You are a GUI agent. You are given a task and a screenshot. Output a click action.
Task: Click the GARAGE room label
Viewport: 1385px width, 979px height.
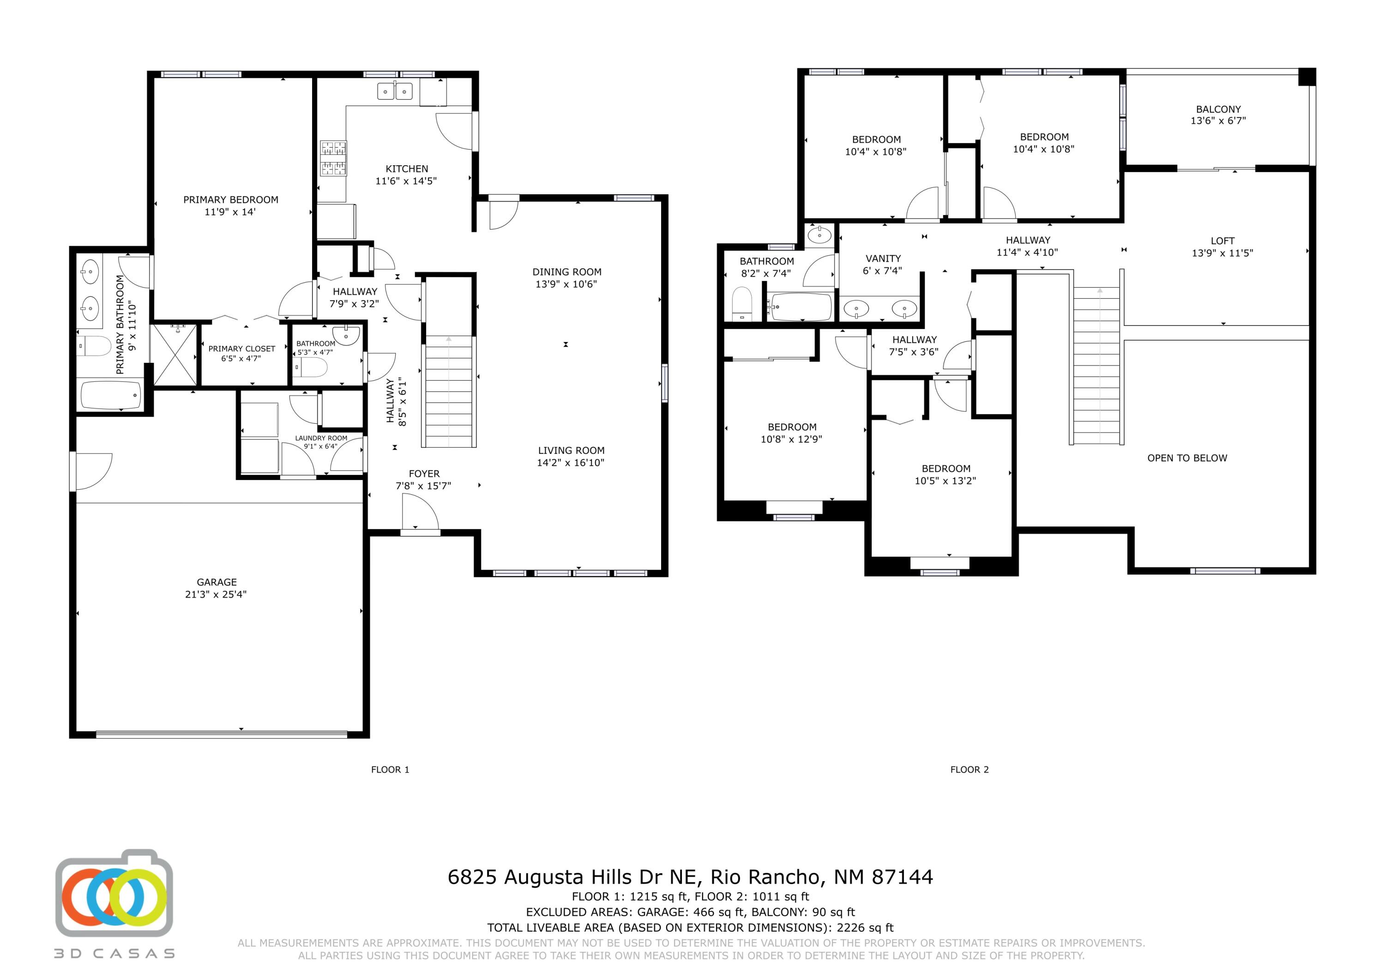(x=216, y=582)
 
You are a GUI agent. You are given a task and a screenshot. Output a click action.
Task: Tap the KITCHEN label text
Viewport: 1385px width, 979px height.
(x=407, y=169)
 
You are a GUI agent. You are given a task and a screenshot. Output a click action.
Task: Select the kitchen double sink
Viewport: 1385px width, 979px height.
(x=395, y=91)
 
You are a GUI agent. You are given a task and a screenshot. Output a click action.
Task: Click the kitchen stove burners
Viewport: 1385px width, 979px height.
(x=334, y=158)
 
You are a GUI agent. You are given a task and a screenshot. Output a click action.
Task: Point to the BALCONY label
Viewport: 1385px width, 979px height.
(x=1218, y=109)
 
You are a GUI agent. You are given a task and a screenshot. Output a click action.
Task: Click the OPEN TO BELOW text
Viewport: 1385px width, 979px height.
(x=1186, y=458)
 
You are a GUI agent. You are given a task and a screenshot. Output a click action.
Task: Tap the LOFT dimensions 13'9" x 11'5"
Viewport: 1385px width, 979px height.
(x=1222, y=253)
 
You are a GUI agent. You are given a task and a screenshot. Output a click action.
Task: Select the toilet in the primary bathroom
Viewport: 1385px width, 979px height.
(x=95, y=346)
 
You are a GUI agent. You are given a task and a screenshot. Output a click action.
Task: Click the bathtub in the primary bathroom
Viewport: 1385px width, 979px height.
(x=111, y=395)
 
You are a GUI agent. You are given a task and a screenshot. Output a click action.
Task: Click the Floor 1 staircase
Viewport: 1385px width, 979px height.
(x=449, y=392)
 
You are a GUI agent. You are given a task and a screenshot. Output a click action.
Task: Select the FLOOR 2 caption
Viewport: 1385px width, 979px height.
(x=969, y=770)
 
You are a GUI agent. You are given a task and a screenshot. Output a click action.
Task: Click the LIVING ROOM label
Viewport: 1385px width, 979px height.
(x=571, y=450)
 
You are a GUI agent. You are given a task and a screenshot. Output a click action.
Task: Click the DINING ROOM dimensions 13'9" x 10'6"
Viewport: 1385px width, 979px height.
(x=566, y=284)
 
